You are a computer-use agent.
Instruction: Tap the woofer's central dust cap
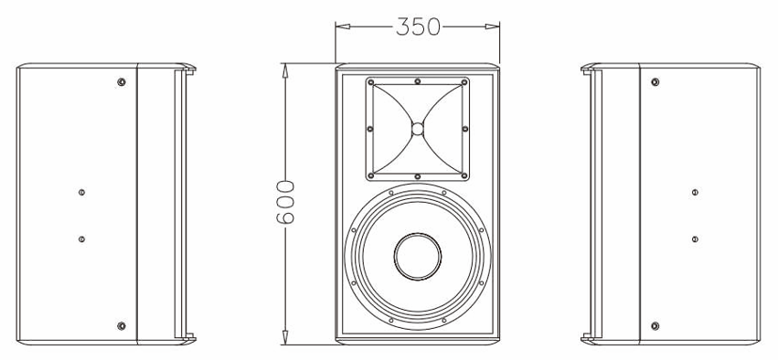pos(417,255)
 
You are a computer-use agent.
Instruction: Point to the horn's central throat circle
pos(417,129)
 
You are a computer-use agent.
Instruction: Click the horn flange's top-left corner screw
pos(371,83)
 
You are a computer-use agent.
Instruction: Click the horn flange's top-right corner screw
pos(464,83)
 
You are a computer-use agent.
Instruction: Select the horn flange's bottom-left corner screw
pos(371,175)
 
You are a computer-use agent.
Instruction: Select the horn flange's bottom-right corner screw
pos(464,175)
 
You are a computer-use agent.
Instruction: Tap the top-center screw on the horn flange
pos(417,82)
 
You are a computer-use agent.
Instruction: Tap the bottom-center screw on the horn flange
pos(417,175)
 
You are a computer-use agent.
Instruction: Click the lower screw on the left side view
pos(122,325)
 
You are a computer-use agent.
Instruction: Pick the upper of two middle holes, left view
pos(82,192)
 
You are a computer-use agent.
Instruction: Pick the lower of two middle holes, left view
pos(82,238)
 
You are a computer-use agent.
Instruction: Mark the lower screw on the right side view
pos(655,325)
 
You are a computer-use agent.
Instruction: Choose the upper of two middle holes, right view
pos(695,192)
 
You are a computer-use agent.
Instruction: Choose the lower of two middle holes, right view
pos(695,238)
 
